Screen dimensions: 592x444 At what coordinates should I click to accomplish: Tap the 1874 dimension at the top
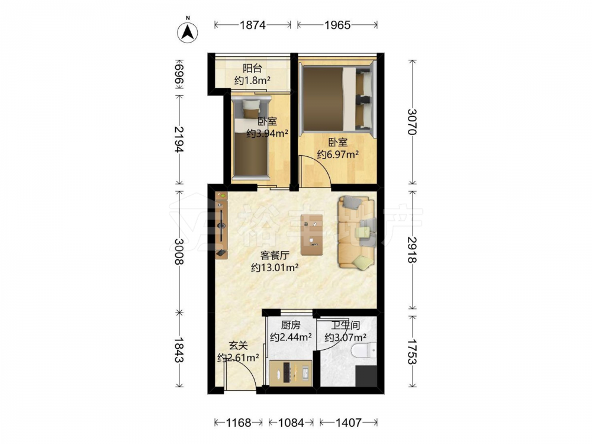click(x=253, y=25)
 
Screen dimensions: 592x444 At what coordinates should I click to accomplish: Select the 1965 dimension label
click(x=337, y=25)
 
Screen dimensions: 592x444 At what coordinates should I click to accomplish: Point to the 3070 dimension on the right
click(x=412, y=122)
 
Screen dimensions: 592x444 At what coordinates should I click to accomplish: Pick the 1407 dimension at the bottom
click(x=348, y=423)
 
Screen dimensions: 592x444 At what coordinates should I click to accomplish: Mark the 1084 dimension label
click(x=291, y=423)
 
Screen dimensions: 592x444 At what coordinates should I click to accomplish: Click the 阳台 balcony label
click(x=252, y=68)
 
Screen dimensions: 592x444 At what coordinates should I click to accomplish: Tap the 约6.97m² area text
click(x=337, y=155)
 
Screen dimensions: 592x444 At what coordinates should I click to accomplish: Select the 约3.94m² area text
click(x=268, y=133)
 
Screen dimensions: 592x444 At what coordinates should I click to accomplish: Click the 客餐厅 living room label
click(x=275, y=256)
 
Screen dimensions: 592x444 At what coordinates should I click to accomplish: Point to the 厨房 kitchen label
click(x=291, y=325)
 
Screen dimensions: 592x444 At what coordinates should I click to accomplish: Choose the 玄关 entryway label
click(x=238, y=346)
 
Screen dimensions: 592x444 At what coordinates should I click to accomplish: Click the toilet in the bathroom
click(x=364, y=350)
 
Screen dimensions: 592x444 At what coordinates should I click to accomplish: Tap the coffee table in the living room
click(x=312, y=234)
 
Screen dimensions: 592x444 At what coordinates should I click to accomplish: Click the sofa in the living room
click(x=357, y=232)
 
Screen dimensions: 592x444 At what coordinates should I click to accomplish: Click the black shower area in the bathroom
click(x=366, y=376)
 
